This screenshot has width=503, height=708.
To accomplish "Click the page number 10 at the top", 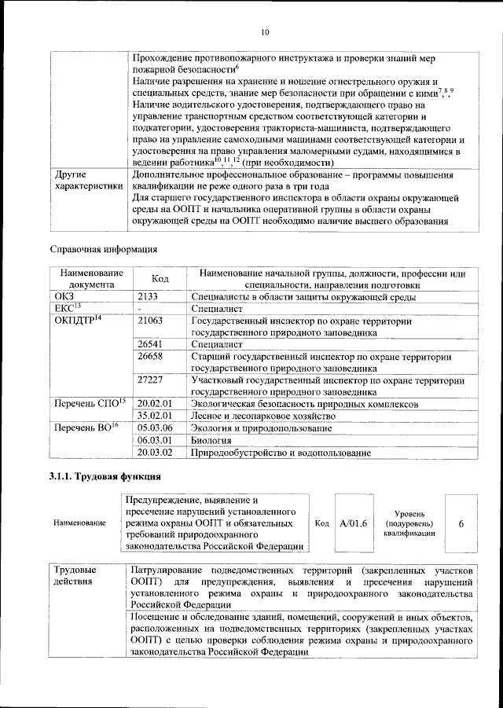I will point(264,31).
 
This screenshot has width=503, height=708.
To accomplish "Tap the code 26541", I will point(149,344).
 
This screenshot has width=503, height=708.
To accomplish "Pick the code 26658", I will point(149,357).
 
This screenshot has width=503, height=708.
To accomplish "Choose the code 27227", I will point(149,380).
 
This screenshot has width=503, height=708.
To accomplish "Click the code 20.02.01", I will point(154,403).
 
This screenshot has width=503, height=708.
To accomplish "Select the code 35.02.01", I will point(154,416).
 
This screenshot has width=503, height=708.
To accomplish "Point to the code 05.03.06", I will point(154,428).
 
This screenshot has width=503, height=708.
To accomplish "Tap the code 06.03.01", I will point(154,441).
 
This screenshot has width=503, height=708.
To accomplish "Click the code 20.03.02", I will point(154,453).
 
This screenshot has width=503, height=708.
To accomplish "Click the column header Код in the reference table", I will point(160,279).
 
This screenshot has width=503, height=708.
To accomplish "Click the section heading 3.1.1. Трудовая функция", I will point(106,477).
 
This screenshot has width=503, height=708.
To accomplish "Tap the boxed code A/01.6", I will point(353,523).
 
